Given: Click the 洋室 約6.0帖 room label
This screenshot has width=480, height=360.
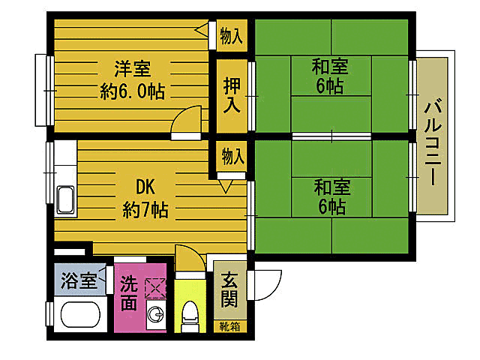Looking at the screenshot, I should coord(132,80).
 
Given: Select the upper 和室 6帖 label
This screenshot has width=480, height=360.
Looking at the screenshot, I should coord(330,75).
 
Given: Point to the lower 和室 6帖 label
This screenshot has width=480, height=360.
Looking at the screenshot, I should coord(330,196).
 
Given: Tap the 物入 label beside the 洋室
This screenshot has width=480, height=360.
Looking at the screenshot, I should coord(232,34).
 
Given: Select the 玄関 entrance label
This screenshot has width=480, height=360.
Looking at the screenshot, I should coord(229,294).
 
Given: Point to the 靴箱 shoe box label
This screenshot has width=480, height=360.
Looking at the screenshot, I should coord(229,326).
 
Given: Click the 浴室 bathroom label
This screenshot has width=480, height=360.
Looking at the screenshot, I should coord(78,282).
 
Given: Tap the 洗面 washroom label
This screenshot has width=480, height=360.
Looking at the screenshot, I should coord(128,294).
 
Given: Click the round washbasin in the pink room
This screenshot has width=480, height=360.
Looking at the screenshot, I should coord(156,316).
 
